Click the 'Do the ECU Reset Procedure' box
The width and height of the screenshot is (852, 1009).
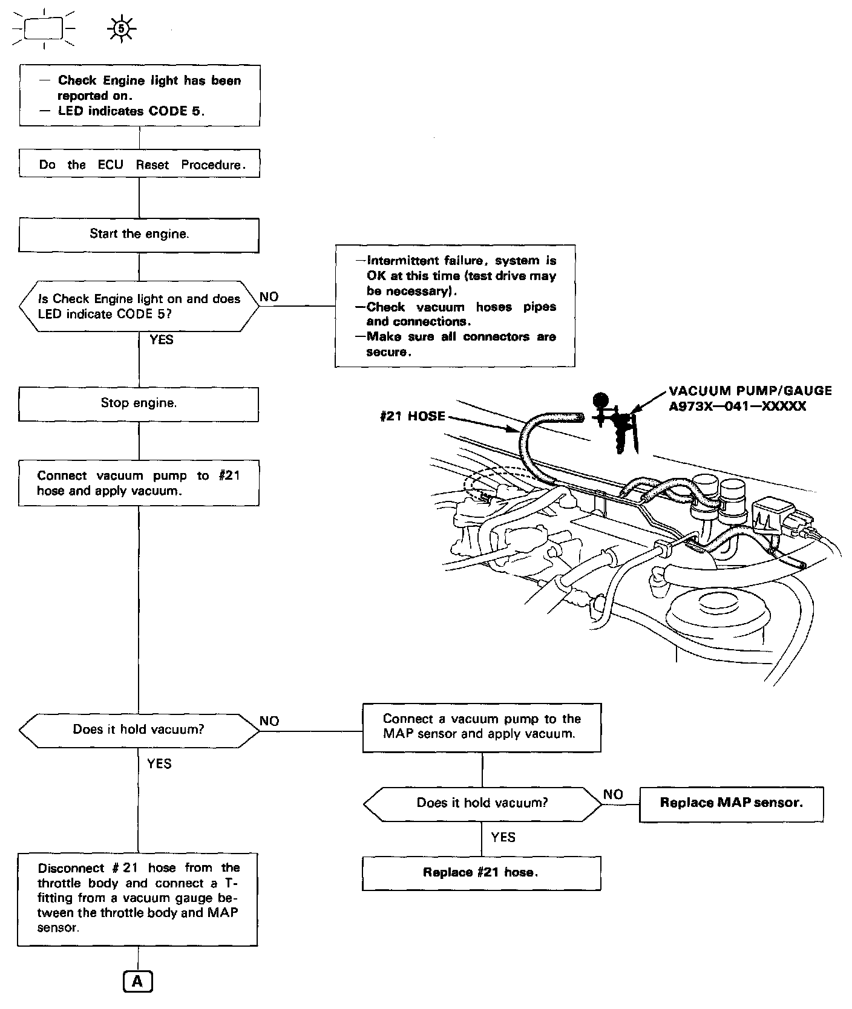[139, 164]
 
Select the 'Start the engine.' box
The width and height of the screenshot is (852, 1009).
[139, 234]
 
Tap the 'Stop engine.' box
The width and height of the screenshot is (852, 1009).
[139, 403]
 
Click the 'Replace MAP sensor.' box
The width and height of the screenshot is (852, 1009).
[731, 803]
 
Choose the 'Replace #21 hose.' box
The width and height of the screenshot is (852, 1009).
[481, 872]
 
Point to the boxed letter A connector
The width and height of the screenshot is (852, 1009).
[138, 981]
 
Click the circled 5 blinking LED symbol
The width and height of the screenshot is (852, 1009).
[121, 28]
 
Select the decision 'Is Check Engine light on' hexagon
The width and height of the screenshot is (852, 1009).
[139, 306]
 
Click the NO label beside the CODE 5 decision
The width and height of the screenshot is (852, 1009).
[269, 297]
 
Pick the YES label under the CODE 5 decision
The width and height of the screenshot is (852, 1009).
[161, 340]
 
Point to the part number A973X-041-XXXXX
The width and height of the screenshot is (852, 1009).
[737, 407]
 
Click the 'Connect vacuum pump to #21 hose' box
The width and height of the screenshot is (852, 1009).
[139, 483]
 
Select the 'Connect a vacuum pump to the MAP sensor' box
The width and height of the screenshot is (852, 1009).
[482, 727]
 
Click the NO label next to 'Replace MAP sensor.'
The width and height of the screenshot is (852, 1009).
[613, 794]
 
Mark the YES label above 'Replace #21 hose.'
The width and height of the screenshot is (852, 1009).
[503, 837]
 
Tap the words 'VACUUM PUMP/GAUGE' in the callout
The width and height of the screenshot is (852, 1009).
[750, 391]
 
